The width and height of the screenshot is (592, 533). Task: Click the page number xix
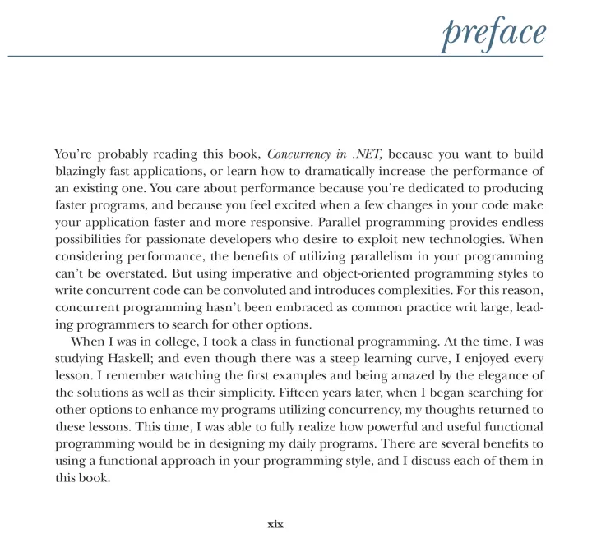275,523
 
